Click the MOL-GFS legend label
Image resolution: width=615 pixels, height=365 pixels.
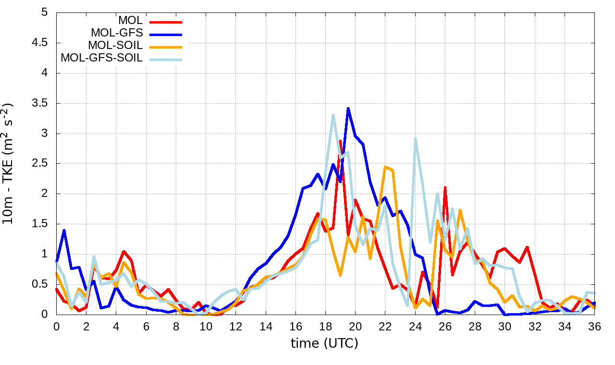point(117,33)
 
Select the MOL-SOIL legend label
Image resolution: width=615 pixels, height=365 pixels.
point(115,46)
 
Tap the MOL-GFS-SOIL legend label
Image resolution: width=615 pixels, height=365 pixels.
point(101,58)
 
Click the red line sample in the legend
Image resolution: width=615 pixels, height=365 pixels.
point(166,21)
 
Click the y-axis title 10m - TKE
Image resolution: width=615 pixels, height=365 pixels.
point(9,163)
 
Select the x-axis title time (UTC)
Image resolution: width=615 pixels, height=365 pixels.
point(324,343)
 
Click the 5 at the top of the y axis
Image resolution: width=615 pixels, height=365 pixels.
point(45,12)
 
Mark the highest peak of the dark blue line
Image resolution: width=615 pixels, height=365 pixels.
point(348,108)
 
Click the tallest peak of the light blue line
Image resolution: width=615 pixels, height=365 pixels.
point(333,115)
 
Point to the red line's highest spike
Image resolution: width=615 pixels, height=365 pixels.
point(340,141)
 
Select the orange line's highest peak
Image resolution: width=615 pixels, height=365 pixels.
point(385,167)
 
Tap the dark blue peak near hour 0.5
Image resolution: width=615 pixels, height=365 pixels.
point(64,231)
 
